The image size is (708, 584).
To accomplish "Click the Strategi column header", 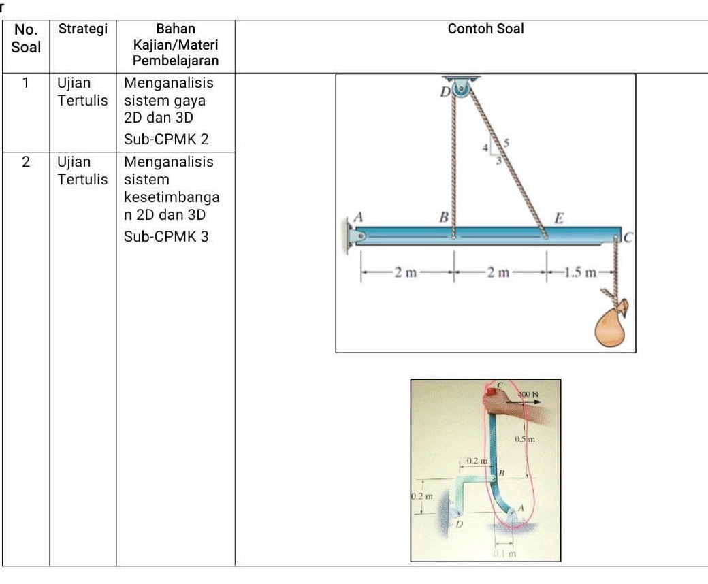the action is click(x=82, y=29).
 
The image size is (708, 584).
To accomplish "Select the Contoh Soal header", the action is click(x=485, y=29).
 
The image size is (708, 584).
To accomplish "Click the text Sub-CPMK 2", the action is click(x=166, y=140).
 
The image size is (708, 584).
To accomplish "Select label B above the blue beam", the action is click(x=444, y=218).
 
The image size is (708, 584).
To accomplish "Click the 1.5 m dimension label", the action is click(x=583, y=273).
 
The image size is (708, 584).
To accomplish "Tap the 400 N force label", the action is click(x=529, y=393).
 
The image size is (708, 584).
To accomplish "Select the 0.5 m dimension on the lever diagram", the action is click(x=526, y=438).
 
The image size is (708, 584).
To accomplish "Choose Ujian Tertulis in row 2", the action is click(x=82, y=171).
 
